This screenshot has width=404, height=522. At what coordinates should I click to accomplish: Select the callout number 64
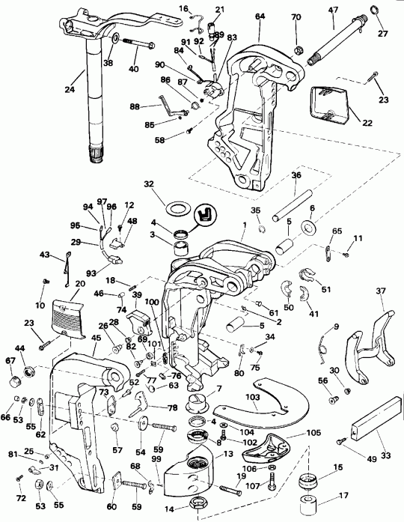(259, 16)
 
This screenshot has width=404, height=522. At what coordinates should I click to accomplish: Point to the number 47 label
(333, 10)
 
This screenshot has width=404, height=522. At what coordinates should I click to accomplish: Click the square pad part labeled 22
(328, 103)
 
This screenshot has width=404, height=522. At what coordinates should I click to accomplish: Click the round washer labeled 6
(308, 227)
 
